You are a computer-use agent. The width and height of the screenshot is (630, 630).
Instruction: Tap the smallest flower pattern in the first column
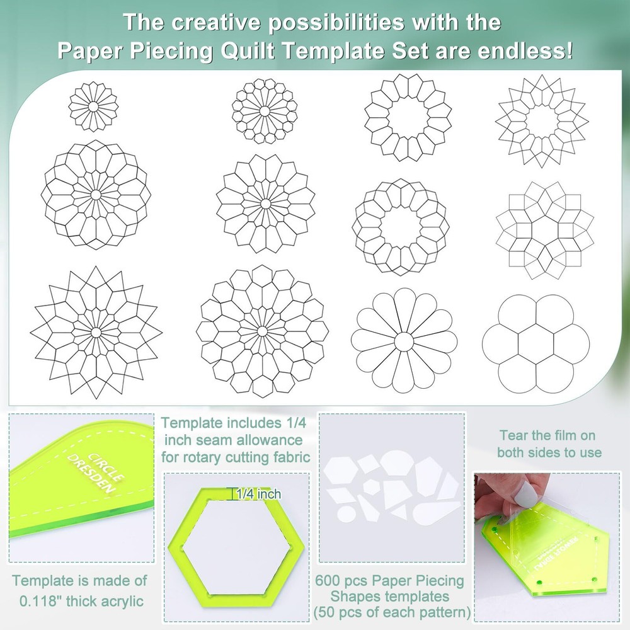(x=93, y=107)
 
